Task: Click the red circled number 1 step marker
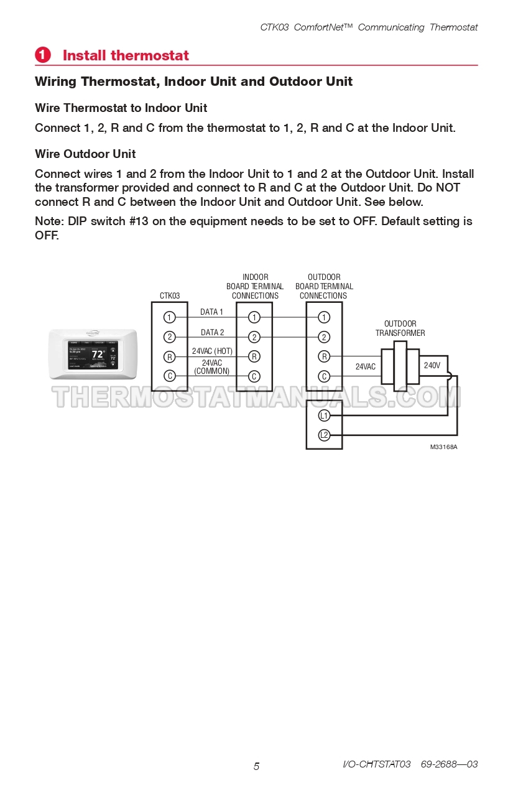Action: point(42,55)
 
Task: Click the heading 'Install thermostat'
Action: point(126,55)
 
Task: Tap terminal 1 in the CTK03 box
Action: point(169,317)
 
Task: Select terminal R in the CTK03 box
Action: point(169,356)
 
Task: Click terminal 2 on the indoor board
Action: point(254,337)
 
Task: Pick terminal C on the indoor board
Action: point(254,376)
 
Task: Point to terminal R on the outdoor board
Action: point(324,356)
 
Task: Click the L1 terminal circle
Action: point(324,415)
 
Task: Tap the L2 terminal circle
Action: point(324,435)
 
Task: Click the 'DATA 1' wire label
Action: point(211,312)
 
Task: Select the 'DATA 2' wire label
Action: point(212,333)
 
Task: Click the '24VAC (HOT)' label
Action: point(212,351)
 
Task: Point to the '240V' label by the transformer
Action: point(432,366)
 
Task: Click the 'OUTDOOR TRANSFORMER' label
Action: point(400,328)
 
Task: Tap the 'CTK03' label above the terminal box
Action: point(169,296)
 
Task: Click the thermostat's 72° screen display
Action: point(98,355)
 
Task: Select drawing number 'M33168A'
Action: point(443,447)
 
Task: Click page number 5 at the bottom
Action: point(256,766)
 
